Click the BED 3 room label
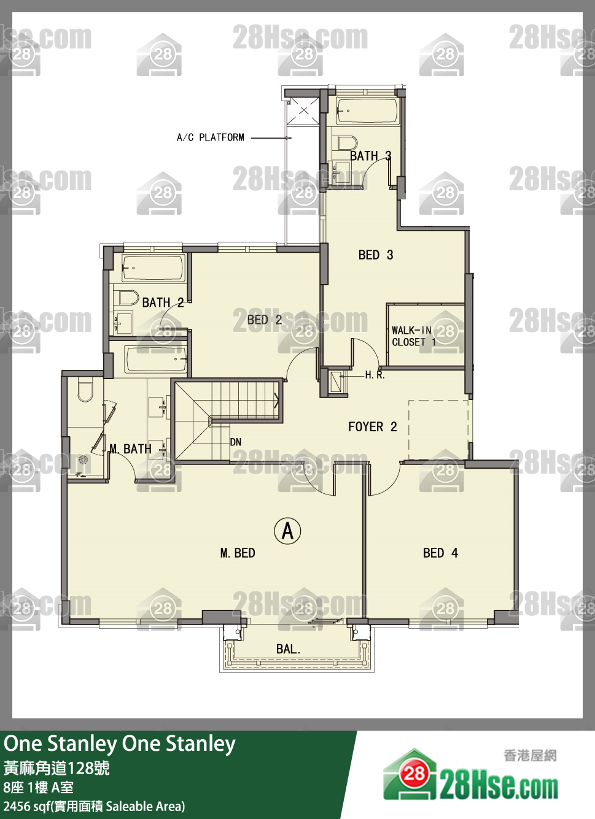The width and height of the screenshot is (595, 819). click(x=375, y=255)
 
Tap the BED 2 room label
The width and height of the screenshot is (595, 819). click(x=265, y=320)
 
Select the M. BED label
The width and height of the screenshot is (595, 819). click(x=238, y=553)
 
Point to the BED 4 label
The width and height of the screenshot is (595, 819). click(x=441, y=553)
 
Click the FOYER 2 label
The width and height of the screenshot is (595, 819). click(x=373, y=427)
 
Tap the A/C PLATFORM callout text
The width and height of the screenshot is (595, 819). click(x=211, y=137)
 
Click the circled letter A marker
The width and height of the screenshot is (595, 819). click(x=287, y=531)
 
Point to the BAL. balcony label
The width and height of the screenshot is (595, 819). click(x=289, y=649)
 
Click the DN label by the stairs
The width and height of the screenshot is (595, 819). click(x=236, y=442)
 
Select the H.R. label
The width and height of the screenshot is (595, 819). click(x=375, y=375)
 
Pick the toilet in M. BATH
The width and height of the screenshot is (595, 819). click(x=85, y=390)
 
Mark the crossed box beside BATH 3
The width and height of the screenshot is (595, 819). click(x=303, y=111)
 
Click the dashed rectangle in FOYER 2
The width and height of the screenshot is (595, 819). click(x=439, y=430)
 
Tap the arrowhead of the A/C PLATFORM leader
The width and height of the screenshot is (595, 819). click(x=289, y=138)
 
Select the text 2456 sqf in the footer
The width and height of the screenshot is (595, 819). click(x=26, y=806)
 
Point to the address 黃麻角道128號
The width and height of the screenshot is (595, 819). click(x=56, y=769)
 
